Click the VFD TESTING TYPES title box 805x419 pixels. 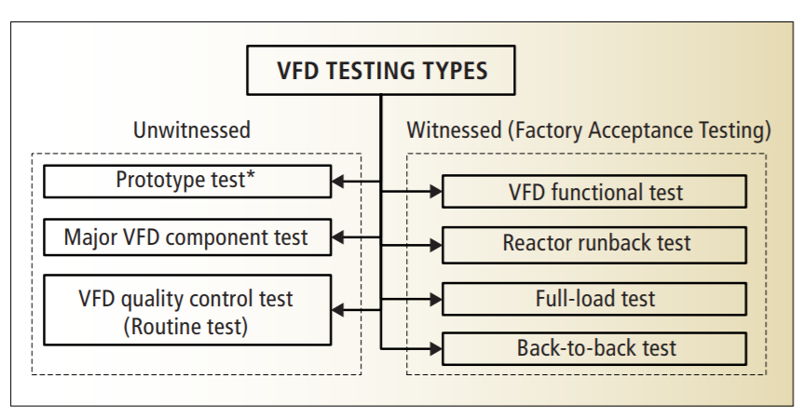[381, 70]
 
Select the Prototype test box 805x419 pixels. [187, 181]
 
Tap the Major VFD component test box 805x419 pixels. [187, 237]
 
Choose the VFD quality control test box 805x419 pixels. [187, 310]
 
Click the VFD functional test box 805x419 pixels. [594, 192]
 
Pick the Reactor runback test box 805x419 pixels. [594, 245]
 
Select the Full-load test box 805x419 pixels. [594, 299]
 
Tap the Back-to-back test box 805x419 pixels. [594, 349]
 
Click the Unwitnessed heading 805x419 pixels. [192, 130]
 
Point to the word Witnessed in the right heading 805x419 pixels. [454, 130]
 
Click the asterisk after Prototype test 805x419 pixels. [251, 175]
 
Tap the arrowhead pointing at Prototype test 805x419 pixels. [338, 181]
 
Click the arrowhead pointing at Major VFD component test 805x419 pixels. [338, 237]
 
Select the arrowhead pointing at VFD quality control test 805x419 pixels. [338, 310]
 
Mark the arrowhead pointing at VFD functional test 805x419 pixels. [436, 192]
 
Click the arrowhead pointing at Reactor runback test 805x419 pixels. [436, 245]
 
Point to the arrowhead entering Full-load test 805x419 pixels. [436, 299]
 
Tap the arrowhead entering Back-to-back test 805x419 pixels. [436, 349]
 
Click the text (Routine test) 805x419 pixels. [185, 327]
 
